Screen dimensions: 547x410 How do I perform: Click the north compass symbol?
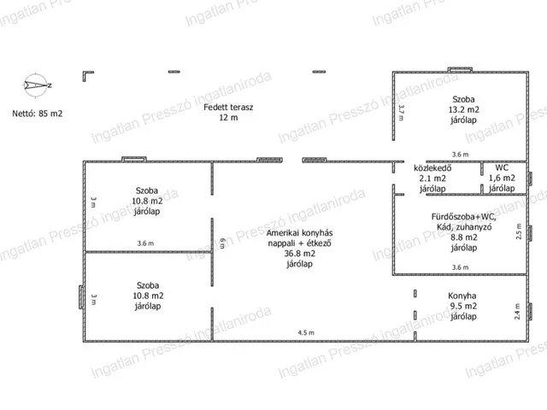click(x=36, y=85)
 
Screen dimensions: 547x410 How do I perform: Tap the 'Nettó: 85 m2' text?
click(x=38, y=114)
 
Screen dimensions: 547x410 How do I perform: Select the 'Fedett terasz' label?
click(x=228, y=107)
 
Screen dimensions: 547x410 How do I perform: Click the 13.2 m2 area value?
click(x=463, y=109)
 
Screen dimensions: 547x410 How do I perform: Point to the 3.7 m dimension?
click(x=401, y=113)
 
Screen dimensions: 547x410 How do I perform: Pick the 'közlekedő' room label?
click(x=432, y=167)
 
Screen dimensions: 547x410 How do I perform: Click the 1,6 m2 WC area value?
click(x=502, y=178)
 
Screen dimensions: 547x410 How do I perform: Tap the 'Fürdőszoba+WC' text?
click(x=463, y=216)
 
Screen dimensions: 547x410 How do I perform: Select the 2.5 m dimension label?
click(x=519, y=231)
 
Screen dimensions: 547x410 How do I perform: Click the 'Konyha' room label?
click(x=462, y=296)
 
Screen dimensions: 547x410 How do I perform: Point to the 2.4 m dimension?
click(x=517, y=311)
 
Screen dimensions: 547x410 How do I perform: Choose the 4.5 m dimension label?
click(x=306, y=332)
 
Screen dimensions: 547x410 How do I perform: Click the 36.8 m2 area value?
click(x=300, y=254)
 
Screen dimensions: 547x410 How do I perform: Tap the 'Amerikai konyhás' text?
click(x=300, y=233)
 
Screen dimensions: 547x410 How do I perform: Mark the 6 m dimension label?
click(x=222, y=243)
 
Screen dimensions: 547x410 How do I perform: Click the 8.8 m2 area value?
click(x=464, y=237)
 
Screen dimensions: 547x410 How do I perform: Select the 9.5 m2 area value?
click(x=463, y=306)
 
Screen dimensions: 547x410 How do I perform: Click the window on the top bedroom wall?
click(x=460, y=70)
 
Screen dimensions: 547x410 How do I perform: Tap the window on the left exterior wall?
click(x=81, y=296)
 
